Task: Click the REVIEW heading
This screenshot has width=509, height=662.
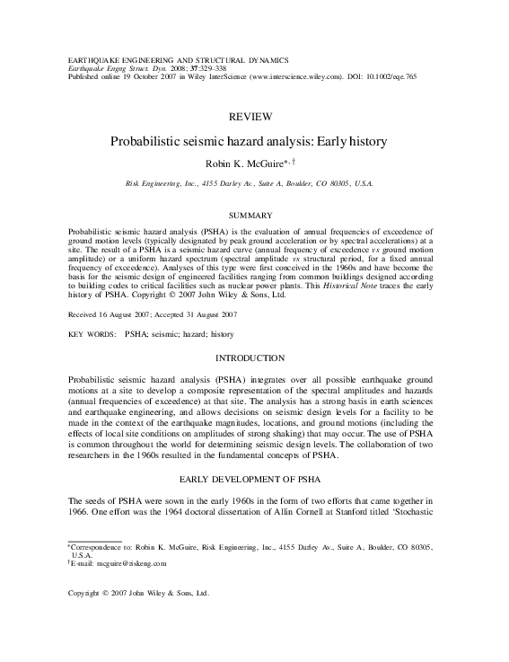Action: pyautogui.click(x=254, y=118)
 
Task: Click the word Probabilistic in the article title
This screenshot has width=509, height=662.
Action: pyautogui.click(x=144, y=142)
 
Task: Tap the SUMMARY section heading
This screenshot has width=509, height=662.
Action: pyautogui.click(x=254, y=216)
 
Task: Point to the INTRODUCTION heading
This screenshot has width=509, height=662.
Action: pyautogui.click(x=254, y=358)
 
